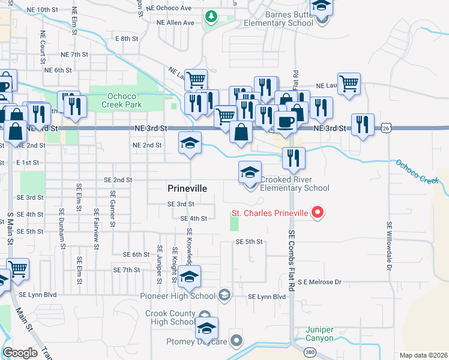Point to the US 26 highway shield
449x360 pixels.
click(x=386, y=128)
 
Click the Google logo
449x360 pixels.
click(x=20, y=353)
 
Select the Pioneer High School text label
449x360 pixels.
click(x=177, y=296)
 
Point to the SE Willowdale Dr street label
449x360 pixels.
click(x=390, y=245)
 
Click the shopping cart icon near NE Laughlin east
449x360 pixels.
click(x=349, y=83)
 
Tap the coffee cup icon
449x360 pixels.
click(x=286, y=121)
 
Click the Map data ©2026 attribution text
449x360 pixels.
click(x=424, y=355)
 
